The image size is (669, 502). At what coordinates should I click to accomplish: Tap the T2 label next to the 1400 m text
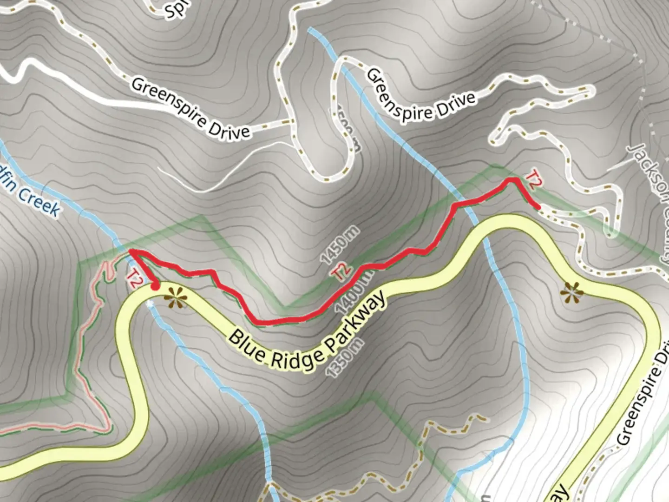point(341,272)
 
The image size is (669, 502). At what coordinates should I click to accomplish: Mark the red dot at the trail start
point(155,285)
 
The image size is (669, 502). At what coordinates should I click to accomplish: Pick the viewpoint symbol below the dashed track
point(571,293)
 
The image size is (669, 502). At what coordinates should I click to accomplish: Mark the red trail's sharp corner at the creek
point(130,251)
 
